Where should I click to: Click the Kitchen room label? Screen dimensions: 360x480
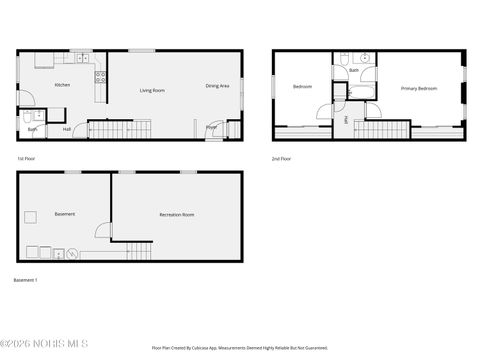coord(62,85)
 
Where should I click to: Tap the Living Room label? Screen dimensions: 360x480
coord(152,90)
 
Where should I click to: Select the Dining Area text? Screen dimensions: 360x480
coord(218,86)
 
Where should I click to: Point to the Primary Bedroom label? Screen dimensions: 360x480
coord(420,88)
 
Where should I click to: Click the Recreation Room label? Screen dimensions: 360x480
coord(177,215)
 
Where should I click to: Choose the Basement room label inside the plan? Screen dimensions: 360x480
coord(65,213)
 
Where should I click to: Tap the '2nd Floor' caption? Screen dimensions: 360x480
coord(282,159)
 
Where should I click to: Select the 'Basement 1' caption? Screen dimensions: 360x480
coord(26,280)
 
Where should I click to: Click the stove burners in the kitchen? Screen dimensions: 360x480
coord(99,76)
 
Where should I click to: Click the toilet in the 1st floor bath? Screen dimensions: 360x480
coord(27,117)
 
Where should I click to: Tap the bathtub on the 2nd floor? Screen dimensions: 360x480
coord(361,93)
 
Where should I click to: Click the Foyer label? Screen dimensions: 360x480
coord(212,127)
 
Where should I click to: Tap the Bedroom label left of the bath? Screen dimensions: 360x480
coord(302,87)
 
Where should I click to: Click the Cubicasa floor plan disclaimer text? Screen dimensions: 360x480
coord(240,348)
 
